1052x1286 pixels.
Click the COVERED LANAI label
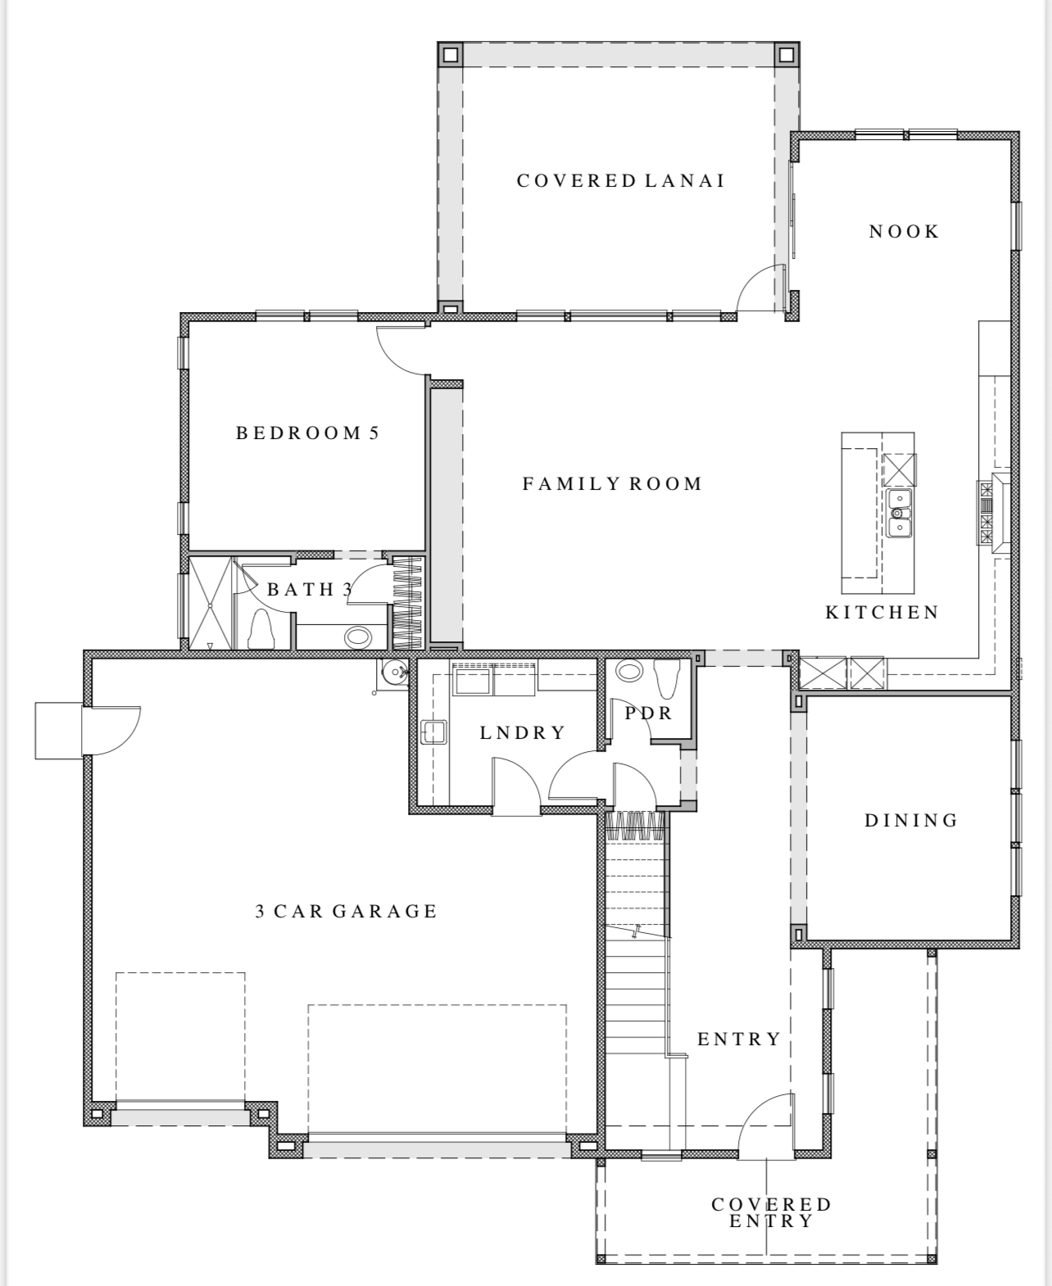621,180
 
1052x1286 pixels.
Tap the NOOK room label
904,232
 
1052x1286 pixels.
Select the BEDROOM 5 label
308,433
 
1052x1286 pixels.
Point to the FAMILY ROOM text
612,483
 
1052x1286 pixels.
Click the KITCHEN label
882,612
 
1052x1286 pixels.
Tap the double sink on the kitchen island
899,513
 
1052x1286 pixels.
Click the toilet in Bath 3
261,629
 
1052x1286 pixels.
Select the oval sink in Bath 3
358,638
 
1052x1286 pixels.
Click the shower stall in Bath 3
211,602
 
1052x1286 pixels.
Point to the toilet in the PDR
667,678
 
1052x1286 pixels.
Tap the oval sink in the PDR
628,670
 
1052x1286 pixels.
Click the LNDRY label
523,732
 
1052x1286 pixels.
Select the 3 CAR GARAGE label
347,911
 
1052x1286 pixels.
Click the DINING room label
911,820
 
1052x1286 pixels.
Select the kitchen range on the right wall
993,512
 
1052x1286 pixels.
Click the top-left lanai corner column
450,55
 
